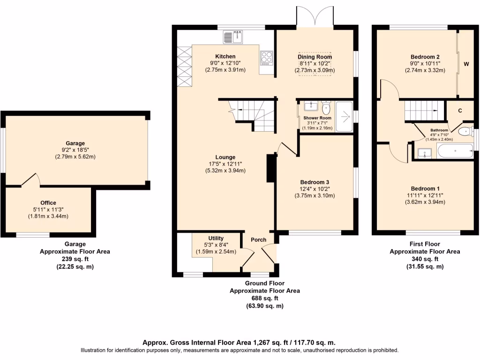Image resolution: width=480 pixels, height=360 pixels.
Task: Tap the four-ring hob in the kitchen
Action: pyautogui.click(x=266, y=58)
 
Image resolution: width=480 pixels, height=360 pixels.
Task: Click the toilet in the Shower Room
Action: pyautogui.click(x=326, y=108)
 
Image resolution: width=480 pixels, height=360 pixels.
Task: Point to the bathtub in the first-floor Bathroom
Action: pyautogui.click(x=455, y=151)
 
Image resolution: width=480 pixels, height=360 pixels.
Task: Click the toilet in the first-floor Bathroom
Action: pyautogui.click(x=465, y=131)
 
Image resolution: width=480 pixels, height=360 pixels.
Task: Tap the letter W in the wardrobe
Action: pyautogui.click(x=466, y=64)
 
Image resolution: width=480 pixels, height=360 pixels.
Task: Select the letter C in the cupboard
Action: pyautogui.click(x=460, y=111)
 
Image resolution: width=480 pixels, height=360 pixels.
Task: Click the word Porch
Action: pyautogui.click(x=258, y=240)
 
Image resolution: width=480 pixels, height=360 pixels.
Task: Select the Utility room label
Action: pyautogui.click(x=216, y=238)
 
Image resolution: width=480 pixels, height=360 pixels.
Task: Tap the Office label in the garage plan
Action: pyautogui.click(x=48, y=203)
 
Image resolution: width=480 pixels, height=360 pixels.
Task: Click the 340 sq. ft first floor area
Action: pyautogui.click(x=425, y=259)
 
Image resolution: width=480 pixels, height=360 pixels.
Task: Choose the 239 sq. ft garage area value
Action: pyautogui.click(x=75, y=259)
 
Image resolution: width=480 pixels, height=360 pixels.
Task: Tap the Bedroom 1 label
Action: pyautogui.click(x=425, y=188)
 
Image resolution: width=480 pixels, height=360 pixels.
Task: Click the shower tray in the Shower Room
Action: pyautogui.click(x=345, y=115)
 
